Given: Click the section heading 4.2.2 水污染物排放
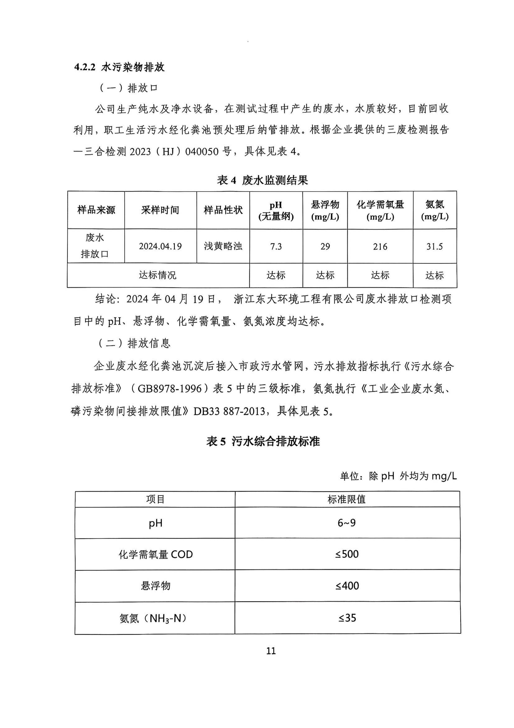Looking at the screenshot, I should coord(119,68).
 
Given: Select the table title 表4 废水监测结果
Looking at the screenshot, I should coord(262,181).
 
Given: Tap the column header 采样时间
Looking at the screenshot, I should coord(160,210).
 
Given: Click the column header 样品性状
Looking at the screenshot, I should coord(223,210).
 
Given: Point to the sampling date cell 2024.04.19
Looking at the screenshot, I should coord(160,247).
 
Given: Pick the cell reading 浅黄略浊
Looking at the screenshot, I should coord(223,247).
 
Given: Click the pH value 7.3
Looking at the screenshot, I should coord(276,247).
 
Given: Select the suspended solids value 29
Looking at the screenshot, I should coord(325,247).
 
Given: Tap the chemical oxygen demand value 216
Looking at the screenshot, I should coord(380,247).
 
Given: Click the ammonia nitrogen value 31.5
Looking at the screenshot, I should coord(434,247).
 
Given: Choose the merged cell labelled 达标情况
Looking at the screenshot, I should coord(158,275).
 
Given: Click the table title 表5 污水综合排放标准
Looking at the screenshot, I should coord(263,441).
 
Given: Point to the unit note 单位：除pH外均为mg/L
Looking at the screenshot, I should coord(398,476).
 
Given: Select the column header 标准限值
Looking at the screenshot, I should coord(347,499).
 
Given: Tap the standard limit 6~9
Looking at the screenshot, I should coord(347,523).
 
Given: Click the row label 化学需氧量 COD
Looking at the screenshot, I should coord(155,554).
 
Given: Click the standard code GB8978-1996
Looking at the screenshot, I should coord(169,389).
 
